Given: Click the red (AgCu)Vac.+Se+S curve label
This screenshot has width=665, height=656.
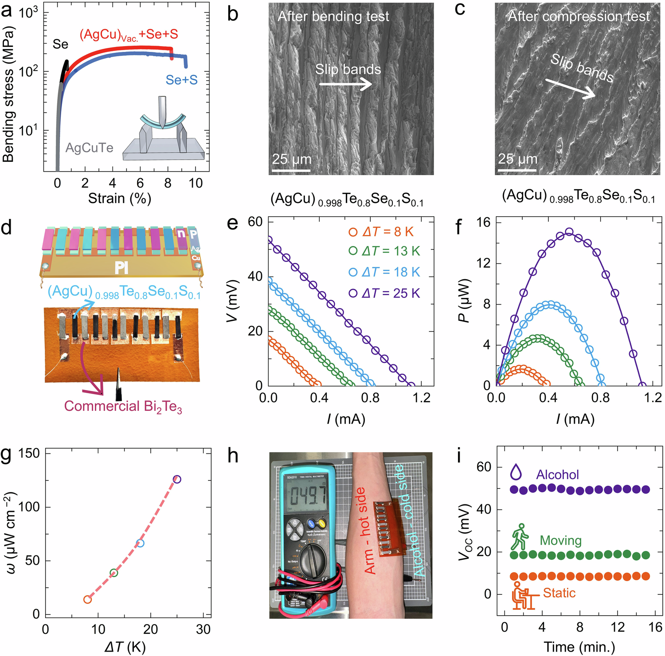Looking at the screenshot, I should pyautogui.click(x=129, y=35).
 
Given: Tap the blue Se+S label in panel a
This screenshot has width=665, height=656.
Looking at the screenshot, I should pyautogui.click(x=181, y=80).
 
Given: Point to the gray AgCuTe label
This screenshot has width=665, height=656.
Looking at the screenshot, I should pyautogui.click(x=89, y=148).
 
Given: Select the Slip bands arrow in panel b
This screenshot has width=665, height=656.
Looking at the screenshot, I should pyautogui.click(x=345, y=83).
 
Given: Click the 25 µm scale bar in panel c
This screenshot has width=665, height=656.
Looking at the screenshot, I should pyautogui.click(x=517, y=169).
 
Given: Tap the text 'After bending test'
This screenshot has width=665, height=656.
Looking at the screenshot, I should pyautogui.click(x=333, y=16).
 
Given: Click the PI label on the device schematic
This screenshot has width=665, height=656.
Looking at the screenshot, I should pyautogui.click(x=121, y=267).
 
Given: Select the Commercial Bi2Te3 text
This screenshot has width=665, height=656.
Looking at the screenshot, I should pyautogui.click(x=123, y=406).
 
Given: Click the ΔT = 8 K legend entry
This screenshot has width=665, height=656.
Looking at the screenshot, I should pyautogui.click(x=381, y=231).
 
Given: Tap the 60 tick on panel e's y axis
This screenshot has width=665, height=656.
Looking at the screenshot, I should pyautogui.click(x=255, y=222).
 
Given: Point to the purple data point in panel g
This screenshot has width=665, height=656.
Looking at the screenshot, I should pyautogui.click(x=177, y=479).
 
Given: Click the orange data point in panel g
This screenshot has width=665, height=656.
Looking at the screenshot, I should pyautogui.click(x=87, y=600).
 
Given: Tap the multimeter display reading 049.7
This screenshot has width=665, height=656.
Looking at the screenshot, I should pyautogui.click(x=307, y=496).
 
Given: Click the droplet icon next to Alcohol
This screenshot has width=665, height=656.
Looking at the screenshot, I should pyautogui.click(x=516, y=472).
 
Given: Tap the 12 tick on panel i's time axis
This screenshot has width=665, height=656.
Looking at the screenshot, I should pyautogui.click(x=617, y=627).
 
